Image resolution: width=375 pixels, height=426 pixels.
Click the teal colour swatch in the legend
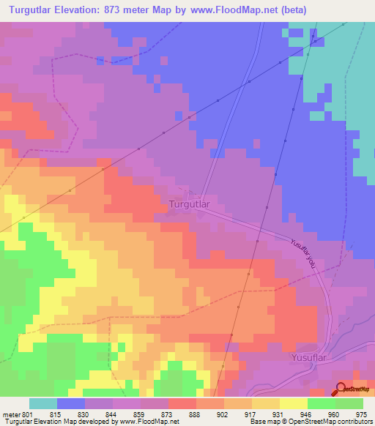click(x=43, y=403)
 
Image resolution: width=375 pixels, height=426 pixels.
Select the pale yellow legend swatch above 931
click(x=266, y=403)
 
